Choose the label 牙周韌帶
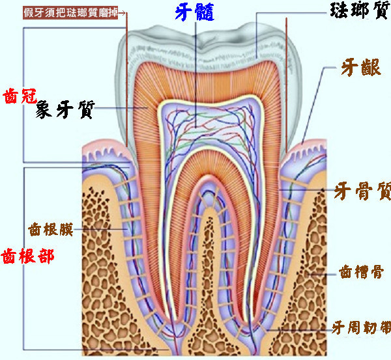click(x=360, y=325)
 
